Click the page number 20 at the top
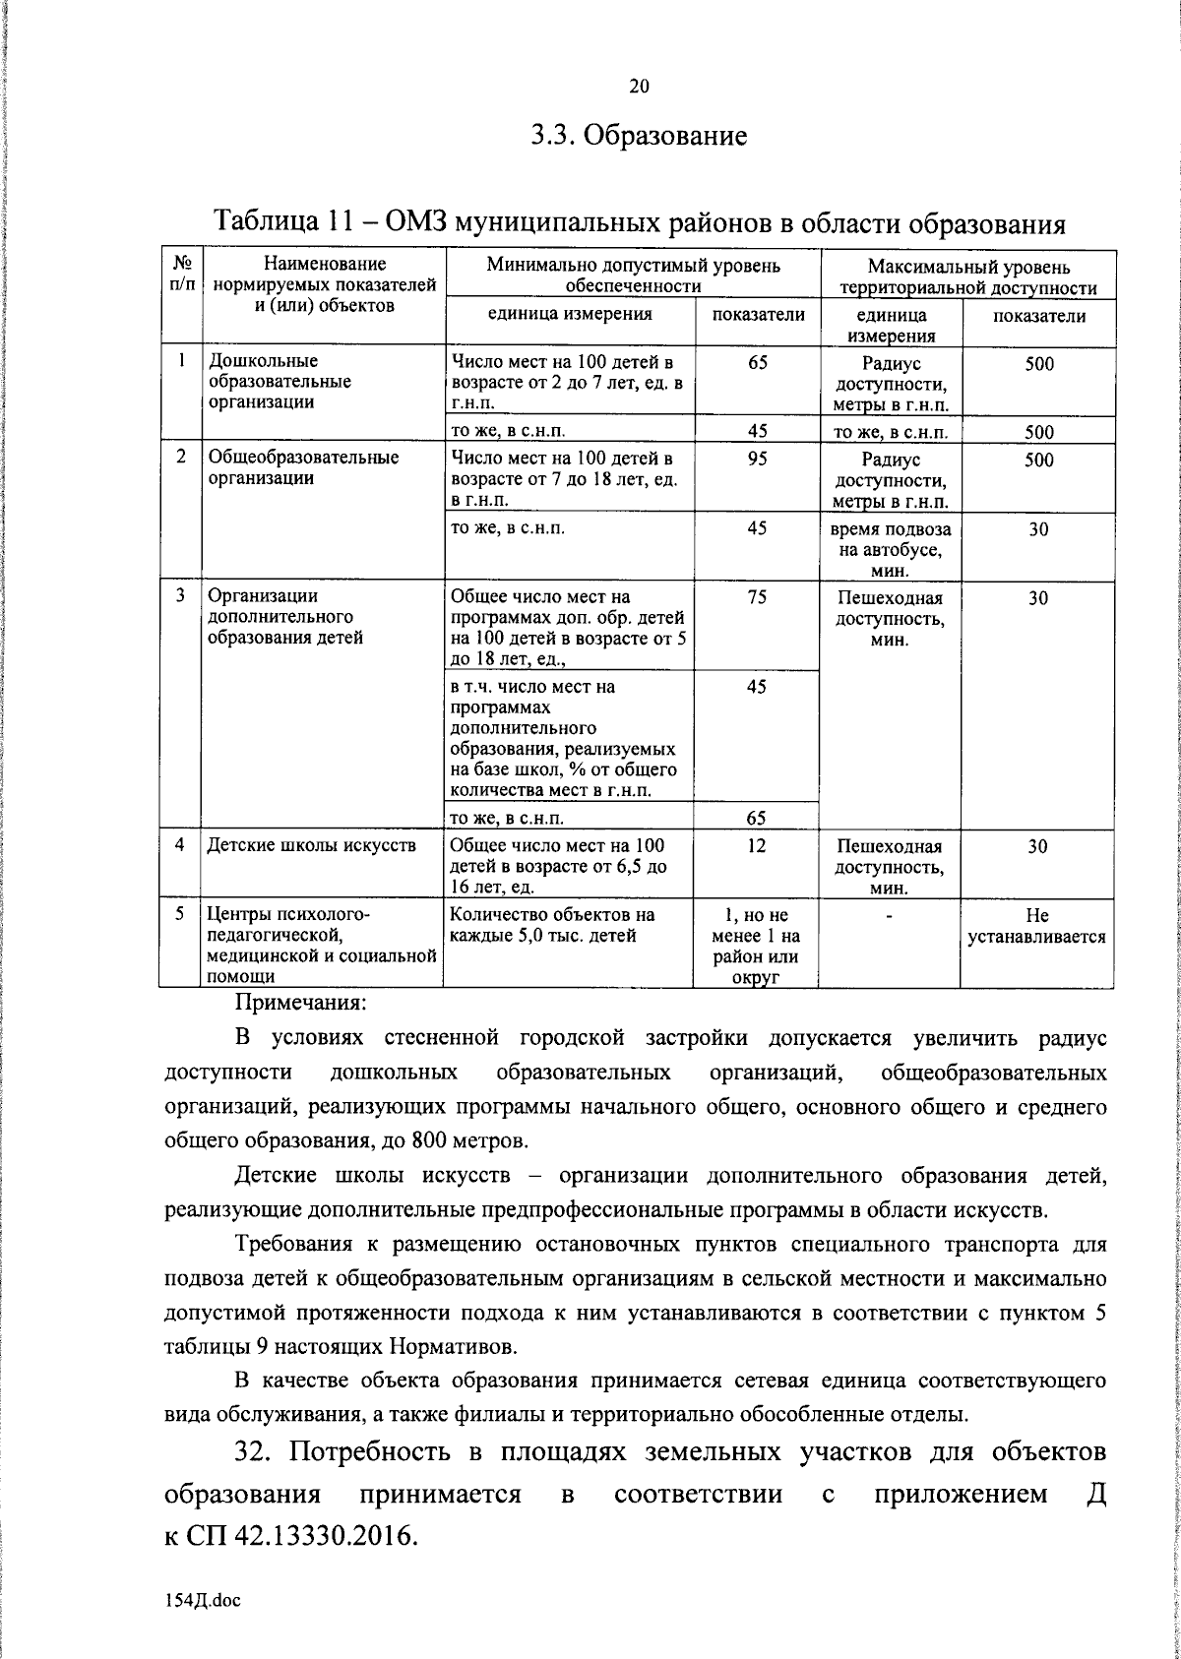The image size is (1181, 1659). click(639, 87)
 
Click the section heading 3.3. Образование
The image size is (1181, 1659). click(639, 135)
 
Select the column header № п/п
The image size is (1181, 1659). click(181, 274)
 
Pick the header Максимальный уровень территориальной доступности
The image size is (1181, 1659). click(968, 277)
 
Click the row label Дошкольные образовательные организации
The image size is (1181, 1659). click(280, 382)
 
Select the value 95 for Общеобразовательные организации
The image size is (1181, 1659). click(757, 460)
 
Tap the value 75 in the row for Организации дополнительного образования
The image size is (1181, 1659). click(757, 597)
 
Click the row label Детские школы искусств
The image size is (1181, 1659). click(311, 845)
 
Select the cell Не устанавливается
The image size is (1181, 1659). click(1037, 926)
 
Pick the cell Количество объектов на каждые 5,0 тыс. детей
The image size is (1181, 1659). click(552, 925)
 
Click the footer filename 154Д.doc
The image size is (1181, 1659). click(203, 1600)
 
